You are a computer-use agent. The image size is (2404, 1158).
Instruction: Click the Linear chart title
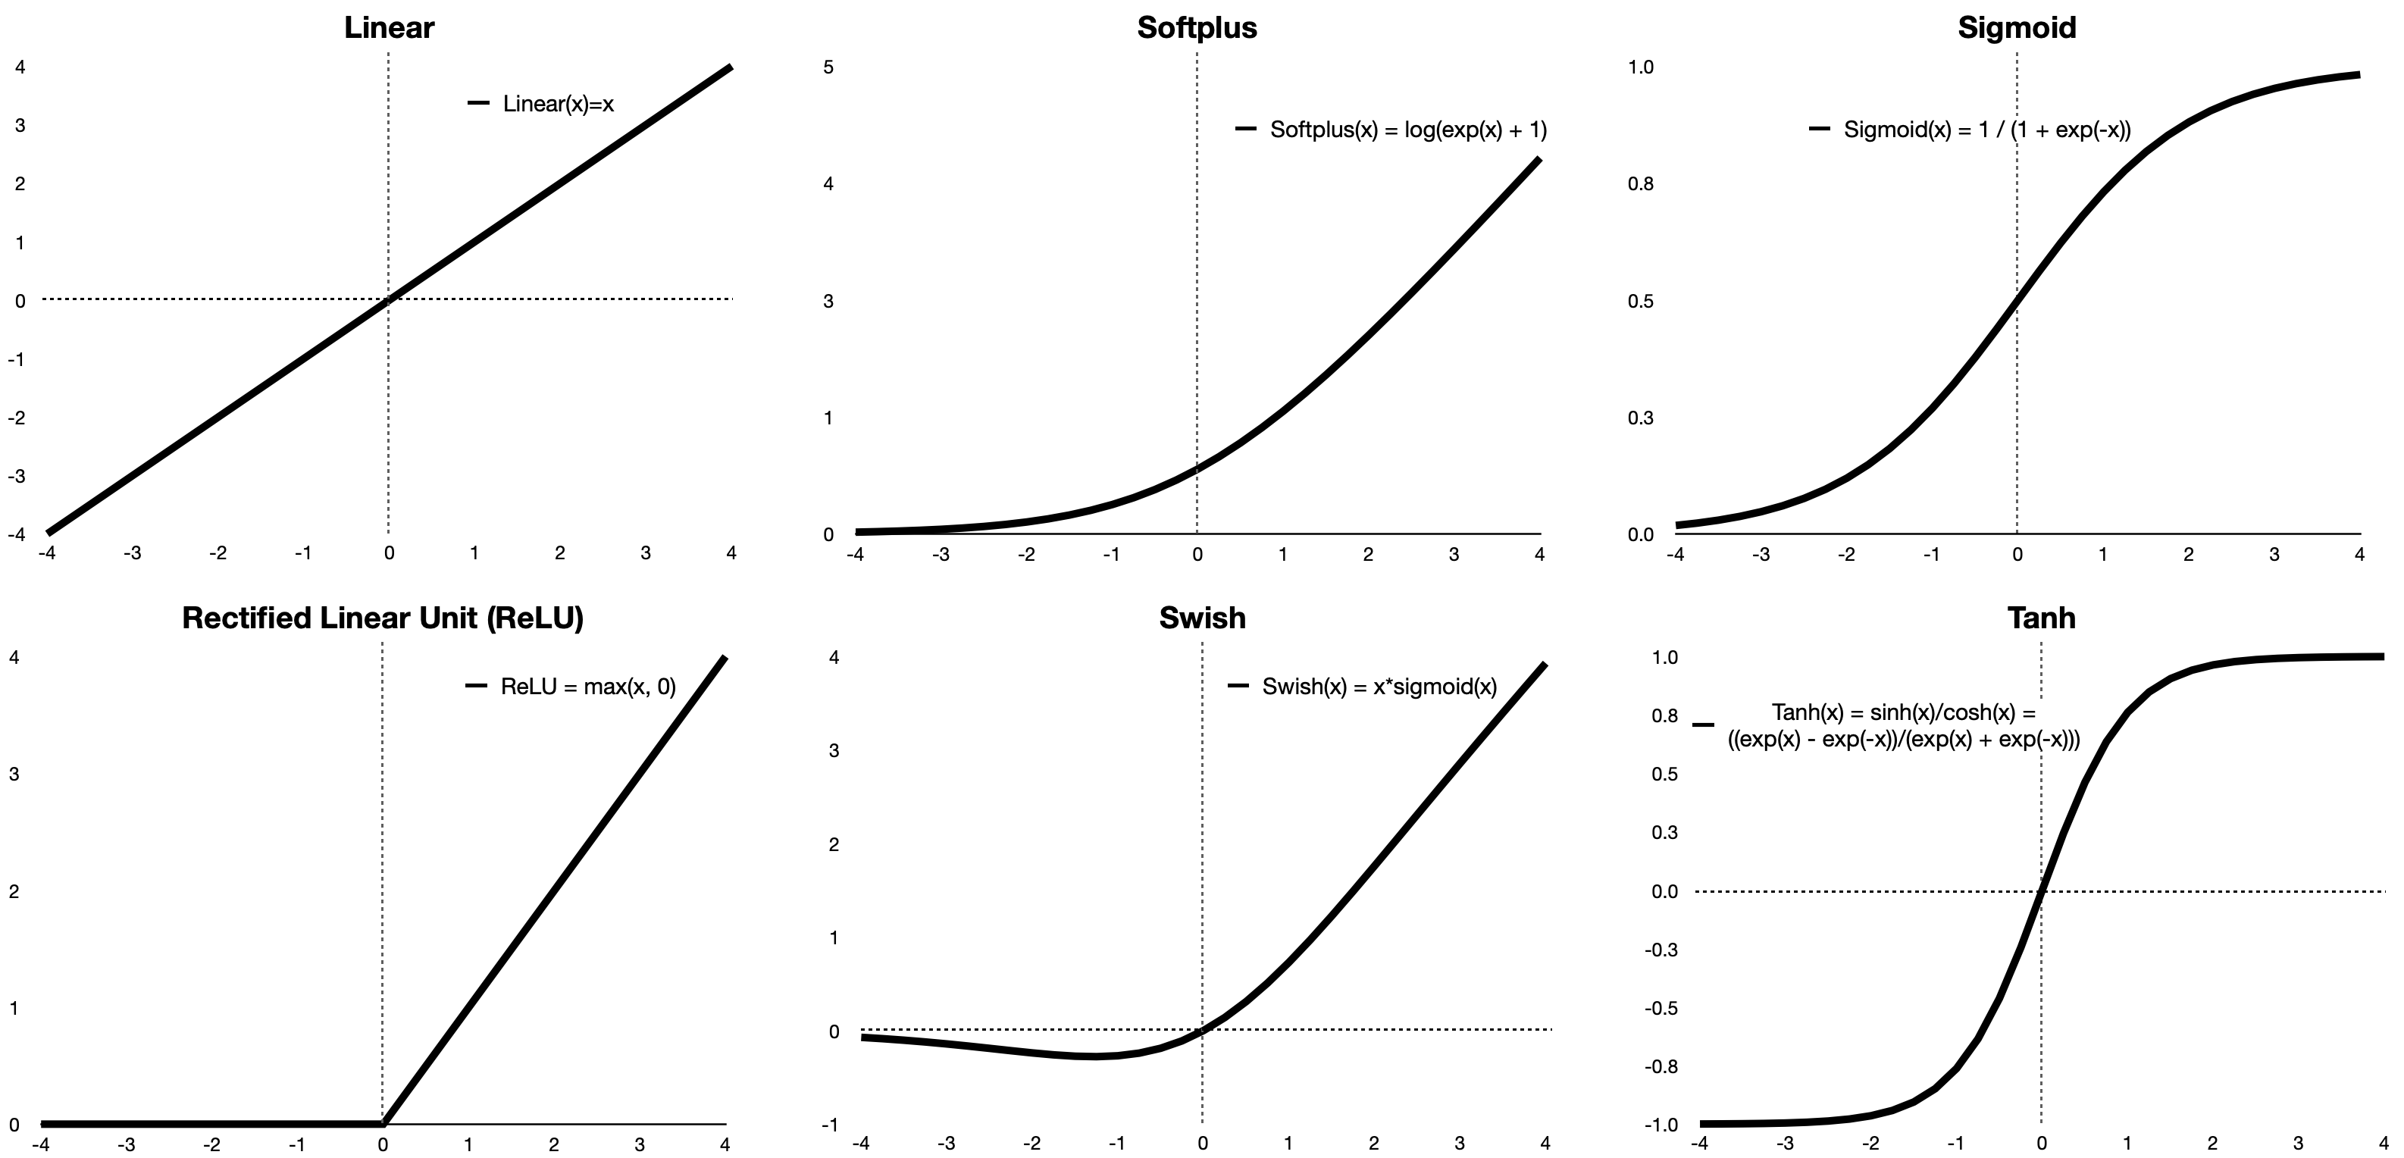point(388,27)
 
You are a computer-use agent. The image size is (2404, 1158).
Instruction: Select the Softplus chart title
point(1197,27)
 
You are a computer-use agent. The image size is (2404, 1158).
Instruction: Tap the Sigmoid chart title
point(2017,27)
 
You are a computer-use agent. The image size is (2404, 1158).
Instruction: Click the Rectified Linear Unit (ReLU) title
point(383,618)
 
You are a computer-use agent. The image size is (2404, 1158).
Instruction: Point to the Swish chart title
point(1202,618)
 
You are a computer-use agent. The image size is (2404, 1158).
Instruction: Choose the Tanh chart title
point(2041,618)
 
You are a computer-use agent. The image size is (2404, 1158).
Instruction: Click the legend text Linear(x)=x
point(558,104)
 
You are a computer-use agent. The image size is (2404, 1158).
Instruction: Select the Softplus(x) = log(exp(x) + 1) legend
point(1407,130)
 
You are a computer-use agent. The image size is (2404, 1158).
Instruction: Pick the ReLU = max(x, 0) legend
point(588,687)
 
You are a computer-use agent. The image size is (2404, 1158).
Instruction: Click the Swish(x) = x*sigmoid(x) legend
point(1379,687)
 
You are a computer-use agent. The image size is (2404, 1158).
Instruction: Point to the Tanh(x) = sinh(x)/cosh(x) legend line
point(1904,713)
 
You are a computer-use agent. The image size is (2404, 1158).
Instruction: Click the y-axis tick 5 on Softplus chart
point(828,67)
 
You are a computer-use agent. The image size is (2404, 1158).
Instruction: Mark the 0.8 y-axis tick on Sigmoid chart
point(1640,184)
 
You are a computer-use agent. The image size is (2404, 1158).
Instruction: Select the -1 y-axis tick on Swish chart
point(830,1125)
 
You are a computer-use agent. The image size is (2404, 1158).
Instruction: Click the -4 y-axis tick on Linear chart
point(17,535)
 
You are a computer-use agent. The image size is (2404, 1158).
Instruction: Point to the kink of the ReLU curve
point(383,1123)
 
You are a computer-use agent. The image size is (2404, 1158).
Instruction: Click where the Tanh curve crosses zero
point(2040,891)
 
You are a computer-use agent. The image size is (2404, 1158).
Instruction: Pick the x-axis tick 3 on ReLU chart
point(639,1145)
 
